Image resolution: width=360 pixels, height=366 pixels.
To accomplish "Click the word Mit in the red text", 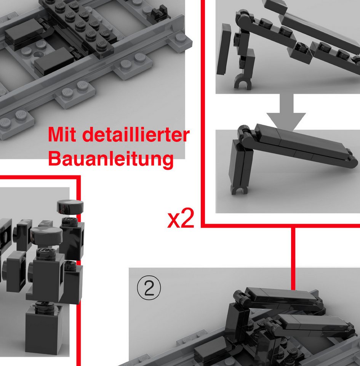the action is tap(62, 134).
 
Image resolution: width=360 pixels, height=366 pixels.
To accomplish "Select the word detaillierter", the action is tap(136, 134).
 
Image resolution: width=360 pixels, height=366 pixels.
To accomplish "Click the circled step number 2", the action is tap(149, 288).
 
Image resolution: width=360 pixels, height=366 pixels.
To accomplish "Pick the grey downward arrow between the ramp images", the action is tap(286, 112).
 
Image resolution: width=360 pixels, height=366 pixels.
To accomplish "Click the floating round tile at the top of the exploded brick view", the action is tap(70, 207).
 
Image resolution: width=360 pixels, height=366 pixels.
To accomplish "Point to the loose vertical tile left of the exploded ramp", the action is tap(224, 49).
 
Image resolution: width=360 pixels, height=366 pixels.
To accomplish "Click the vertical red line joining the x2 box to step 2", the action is tap(293, 258).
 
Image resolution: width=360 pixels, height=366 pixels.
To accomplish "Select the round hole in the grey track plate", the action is tap(39, 55).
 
